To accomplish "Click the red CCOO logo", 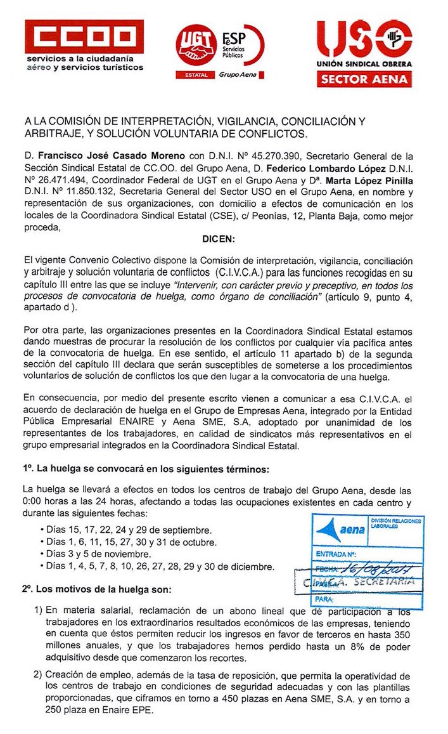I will pyautogui.click(x=84, y=36).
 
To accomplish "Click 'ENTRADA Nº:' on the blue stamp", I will pyautogui.click(x=335, y=555).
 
